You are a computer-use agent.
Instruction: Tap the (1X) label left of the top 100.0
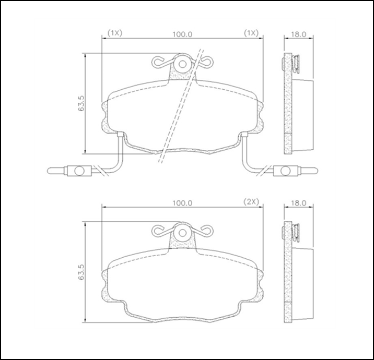(x=114, y=33)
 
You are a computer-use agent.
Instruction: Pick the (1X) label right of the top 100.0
(x=252, y=33)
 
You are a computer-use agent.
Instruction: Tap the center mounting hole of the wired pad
(x=183, y=64)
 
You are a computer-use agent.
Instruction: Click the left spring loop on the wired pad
(x=158, y=63)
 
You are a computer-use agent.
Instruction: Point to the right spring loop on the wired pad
(x=207, y=63)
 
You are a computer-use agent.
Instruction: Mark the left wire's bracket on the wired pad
(x=121, y=137)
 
